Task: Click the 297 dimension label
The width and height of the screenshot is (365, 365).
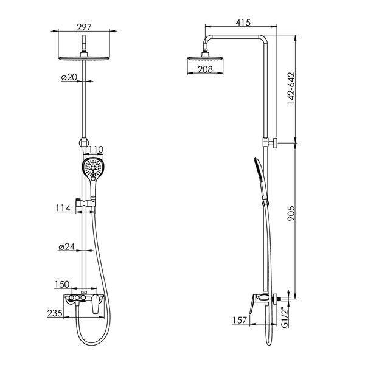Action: point(85,27)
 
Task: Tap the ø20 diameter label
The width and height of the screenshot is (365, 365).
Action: point(69,77)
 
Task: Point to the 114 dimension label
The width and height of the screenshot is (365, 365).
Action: point(63,207)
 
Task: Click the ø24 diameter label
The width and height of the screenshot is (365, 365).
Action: point(66,246)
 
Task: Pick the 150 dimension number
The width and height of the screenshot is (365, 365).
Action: point(62,284)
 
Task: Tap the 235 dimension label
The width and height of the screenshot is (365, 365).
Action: point(55,313)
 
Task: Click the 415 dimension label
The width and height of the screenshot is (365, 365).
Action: point(243,23)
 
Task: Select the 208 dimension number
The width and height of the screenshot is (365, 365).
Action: point(205,69)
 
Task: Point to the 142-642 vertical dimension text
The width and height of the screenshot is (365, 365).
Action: point(291,88)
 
